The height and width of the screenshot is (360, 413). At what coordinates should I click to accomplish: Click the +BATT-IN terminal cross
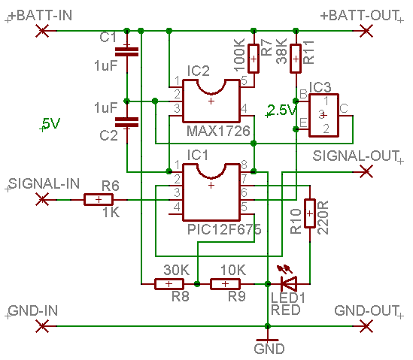coord(42,31)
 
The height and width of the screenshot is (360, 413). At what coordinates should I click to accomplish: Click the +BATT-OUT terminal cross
coord(366,31)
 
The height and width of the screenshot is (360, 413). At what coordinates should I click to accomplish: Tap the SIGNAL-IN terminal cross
coord(42,200)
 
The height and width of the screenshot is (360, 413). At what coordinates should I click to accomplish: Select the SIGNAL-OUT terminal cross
coord(366,172)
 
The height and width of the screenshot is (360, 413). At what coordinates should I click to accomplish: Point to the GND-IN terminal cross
coord(42,326)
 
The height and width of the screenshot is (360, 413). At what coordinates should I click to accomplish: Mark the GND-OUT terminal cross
coord(366,326)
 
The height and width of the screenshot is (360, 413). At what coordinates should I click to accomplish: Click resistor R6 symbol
coord(99,200)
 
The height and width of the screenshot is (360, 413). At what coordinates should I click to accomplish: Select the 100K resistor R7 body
coord(254,59)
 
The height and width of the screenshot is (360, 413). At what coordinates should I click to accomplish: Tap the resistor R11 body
coord(296,59)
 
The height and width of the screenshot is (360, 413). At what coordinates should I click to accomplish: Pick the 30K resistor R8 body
coord(169,284)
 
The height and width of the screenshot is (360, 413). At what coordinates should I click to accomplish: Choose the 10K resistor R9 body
coord(225,284)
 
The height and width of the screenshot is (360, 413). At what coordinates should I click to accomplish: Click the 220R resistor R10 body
coord(310,213)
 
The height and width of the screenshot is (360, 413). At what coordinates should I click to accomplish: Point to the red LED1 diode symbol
coord(289,283)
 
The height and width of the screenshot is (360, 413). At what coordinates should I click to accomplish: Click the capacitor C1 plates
coord(126,52)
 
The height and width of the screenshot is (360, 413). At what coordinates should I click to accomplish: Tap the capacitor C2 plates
coord(126,123)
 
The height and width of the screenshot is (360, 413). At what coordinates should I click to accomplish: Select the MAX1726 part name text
coord(218,131)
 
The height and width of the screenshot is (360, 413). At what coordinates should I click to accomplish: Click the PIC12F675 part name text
coord(224,229)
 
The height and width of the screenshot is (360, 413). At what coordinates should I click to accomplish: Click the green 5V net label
coord(51,123)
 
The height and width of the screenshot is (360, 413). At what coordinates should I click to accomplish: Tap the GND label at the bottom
coord(269,349)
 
